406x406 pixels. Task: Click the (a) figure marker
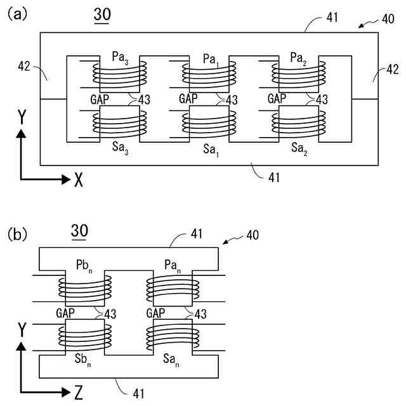17,15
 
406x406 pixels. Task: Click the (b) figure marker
17,234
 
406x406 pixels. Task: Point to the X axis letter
78,180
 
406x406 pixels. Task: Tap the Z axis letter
78,393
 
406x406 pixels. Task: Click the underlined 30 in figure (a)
101,16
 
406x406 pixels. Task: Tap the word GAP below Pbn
65,313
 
